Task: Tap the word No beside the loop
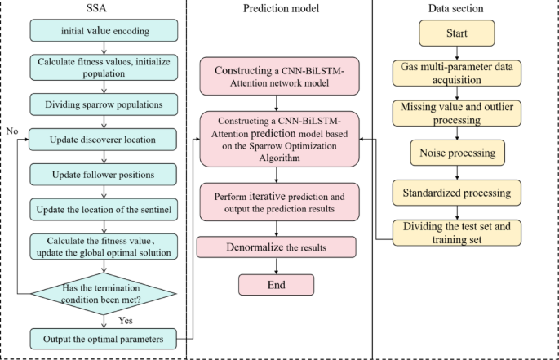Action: pos(11,131)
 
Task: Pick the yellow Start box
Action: pos(458,34)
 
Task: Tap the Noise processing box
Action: pos(458,153)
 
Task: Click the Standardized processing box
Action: pos(458,193)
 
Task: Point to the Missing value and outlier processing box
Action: pos(458,113)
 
